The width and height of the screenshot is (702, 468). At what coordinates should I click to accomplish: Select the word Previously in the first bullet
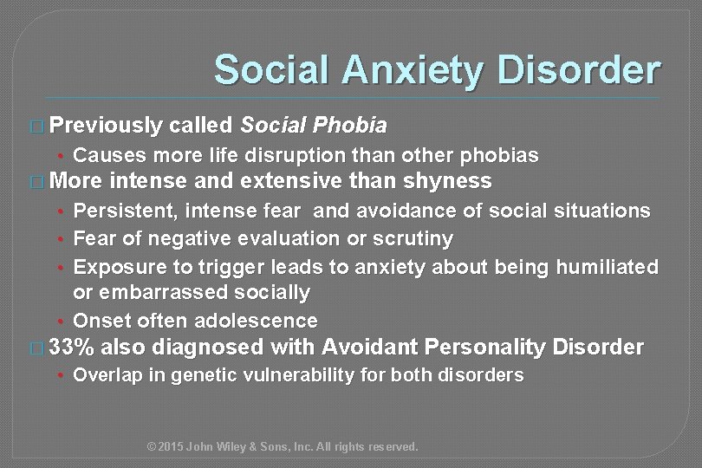coord(107,126)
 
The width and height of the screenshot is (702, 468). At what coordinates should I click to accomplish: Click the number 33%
coord(75,348)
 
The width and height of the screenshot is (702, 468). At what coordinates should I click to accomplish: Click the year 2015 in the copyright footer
coord(174,447)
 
